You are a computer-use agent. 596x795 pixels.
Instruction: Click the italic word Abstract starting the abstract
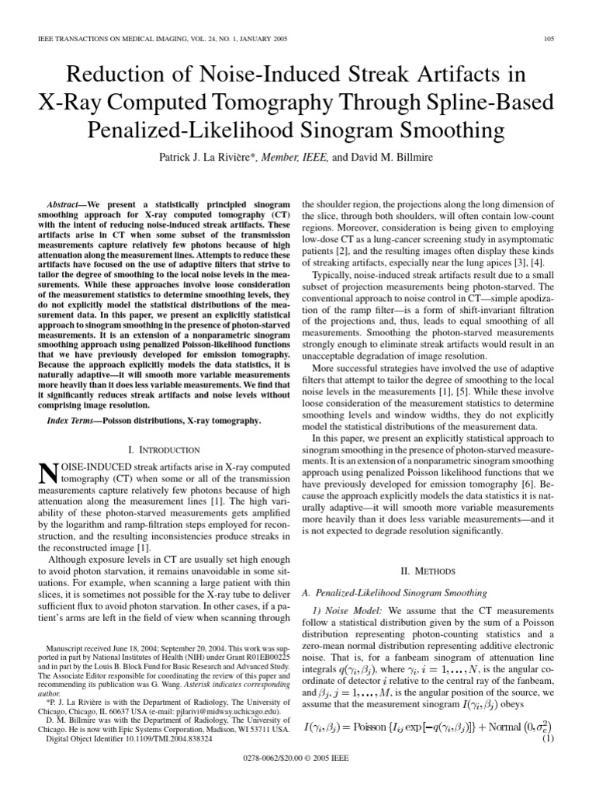coord(68,200)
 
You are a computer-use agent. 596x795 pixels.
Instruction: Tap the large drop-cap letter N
coord(47,474)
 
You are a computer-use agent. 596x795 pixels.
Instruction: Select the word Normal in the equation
coord(497,727)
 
